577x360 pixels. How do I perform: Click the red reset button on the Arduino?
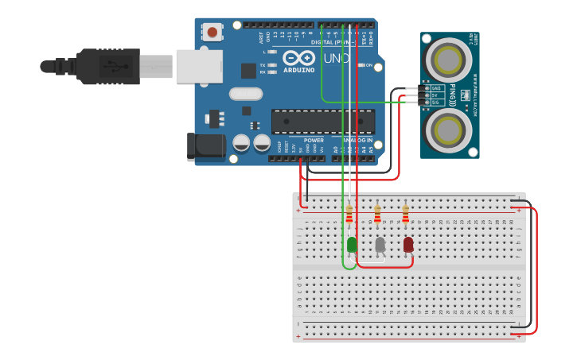click(212, 32)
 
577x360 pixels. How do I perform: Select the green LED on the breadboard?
click(352, 245)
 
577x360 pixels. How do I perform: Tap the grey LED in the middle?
click(380, 245)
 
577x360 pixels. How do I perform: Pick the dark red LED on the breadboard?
click(408, 245)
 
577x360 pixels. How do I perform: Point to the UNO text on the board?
click(336, 59)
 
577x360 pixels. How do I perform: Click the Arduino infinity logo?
click(298, 58)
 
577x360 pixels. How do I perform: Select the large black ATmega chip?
click(323, 122)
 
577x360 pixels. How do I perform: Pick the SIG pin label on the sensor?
click(435, 103)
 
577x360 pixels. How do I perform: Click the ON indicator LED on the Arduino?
click(361, 65)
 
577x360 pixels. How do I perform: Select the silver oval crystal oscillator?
click(246, 94)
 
